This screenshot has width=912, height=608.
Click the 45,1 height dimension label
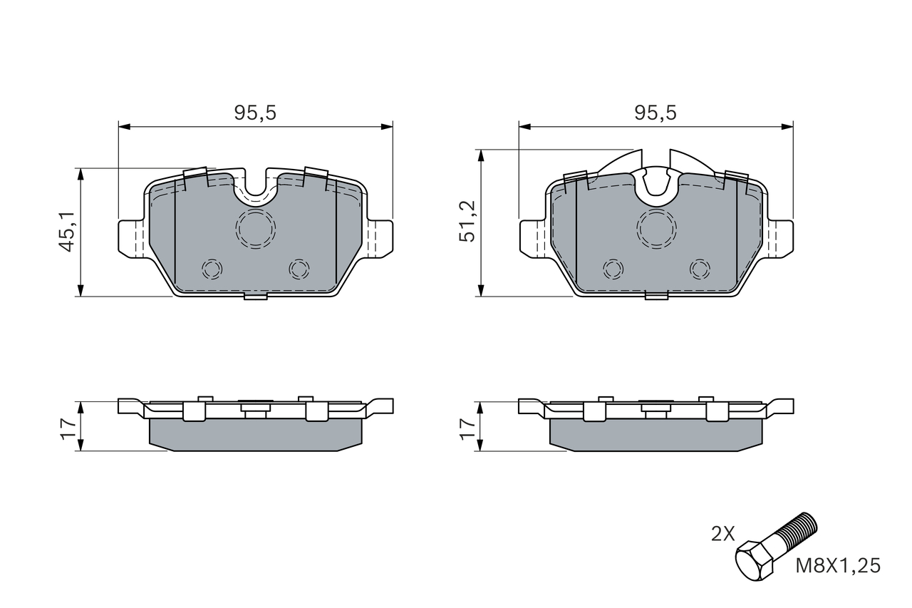(66, 232)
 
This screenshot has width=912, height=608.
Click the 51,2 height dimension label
(467, 222)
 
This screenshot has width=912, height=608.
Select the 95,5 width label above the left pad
(255, 113)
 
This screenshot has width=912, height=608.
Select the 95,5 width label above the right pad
(655, 113)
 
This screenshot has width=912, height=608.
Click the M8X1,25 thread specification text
(838, 566)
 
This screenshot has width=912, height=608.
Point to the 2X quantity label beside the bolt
(723, 533)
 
